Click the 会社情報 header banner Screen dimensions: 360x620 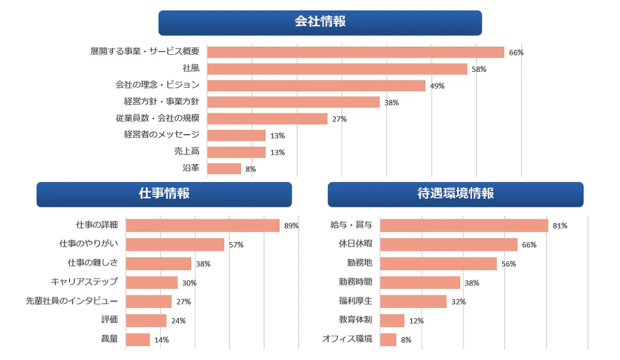(x=320, y=23)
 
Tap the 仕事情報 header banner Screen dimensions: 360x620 (x=164, y=194)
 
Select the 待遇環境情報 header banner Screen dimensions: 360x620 (x=455, y=194)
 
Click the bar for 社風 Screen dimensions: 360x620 (x=337, y=69)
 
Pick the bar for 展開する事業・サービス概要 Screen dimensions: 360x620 (x=355, y=52)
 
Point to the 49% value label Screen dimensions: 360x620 (x=437, y=86)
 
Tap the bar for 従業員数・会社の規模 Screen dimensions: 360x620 (x=267, y=119)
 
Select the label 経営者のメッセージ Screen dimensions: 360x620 (x=162, y=135)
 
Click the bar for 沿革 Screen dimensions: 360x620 (x=224, y=169)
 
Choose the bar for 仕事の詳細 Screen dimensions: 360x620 (x=203, y=225)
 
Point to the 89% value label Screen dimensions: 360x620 (x=291, y=226)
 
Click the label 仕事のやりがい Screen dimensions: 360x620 (x=88, y=244)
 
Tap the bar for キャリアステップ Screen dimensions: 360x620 (x=152, y=283)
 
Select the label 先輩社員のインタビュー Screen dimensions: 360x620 (x=72, y=301)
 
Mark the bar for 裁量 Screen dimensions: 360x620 (x=138, y=339)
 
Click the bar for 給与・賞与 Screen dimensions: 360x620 (x=464, y=225)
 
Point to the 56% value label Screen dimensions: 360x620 (x=508, y=264)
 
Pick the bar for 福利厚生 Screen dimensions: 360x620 (x=413, y=301)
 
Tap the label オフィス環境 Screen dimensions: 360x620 (x=347, y=339)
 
